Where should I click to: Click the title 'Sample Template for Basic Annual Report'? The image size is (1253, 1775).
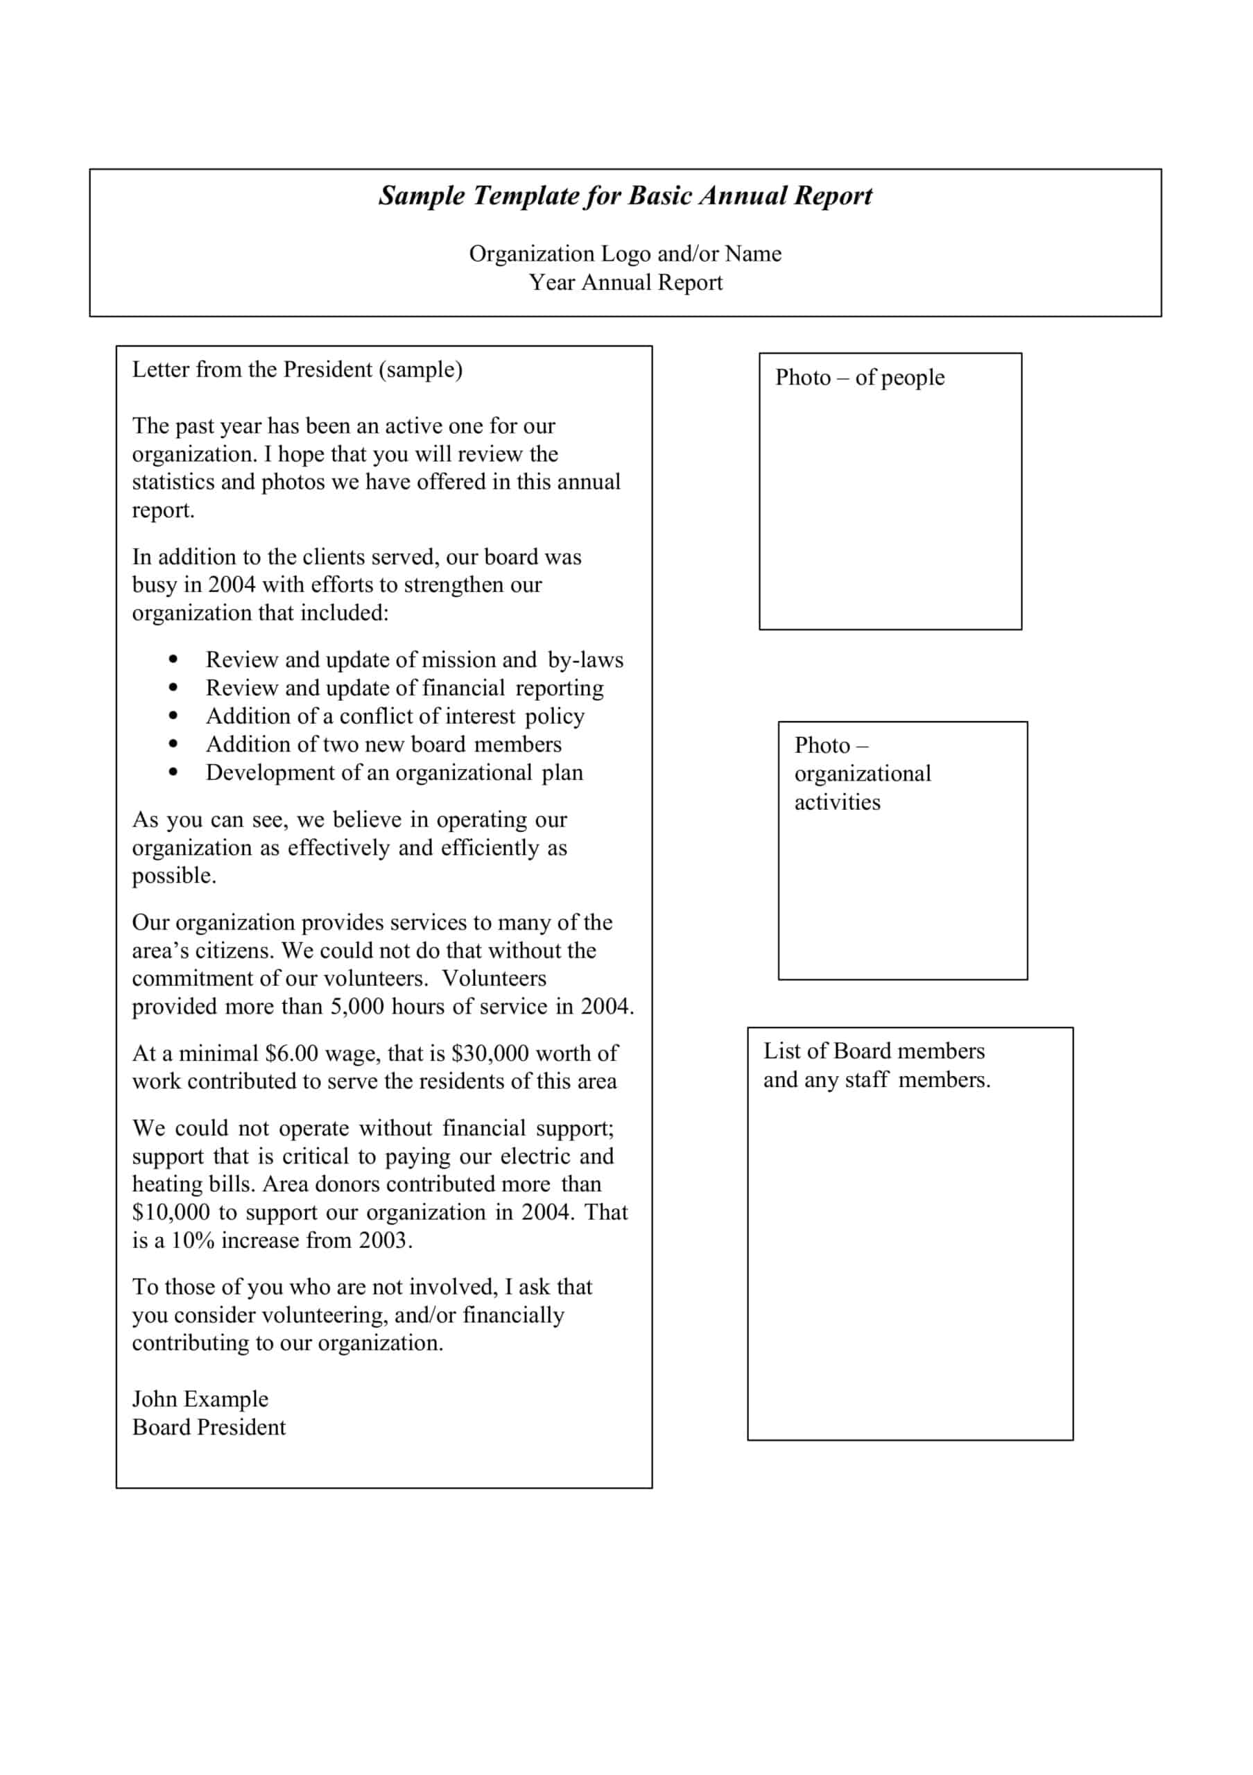tap(625, 196)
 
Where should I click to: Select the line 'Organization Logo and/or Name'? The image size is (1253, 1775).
tap(625, 254)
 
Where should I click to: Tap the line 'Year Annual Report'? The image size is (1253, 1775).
tap(625, 282)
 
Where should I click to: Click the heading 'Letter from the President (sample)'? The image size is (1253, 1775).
tap(297, 370)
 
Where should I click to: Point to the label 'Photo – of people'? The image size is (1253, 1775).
tap(860, 377)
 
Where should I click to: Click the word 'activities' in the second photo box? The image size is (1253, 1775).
tap(837, 802)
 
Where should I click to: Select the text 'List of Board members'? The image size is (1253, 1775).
tap(874, 1050)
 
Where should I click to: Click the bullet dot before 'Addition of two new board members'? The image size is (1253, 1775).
tap(173, 744)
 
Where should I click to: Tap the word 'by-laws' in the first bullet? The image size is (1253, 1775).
tap(585, 659)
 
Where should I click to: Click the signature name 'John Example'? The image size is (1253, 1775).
tap(200, 1399)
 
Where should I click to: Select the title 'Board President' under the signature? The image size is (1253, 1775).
tap(209, 1427)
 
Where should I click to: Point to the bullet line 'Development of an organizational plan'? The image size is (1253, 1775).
tap(395, 772)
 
